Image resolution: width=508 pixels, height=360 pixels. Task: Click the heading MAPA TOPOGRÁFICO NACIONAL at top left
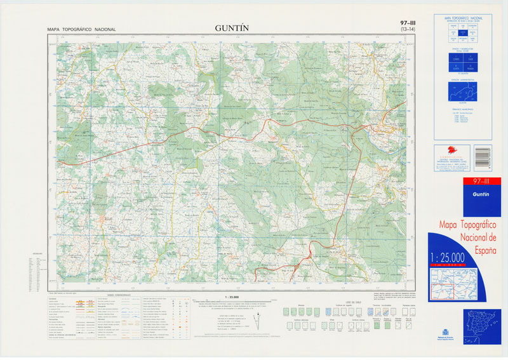click(81, 30)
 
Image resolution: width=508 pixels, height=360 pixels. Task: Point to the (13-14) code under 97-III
click(404, 30)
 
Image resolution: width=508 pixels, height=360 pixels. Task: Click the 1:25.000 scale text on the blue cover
click(447, 257)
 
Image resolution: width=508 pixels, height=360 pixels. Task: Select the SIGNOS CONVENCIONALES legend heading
click(119, 295)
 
